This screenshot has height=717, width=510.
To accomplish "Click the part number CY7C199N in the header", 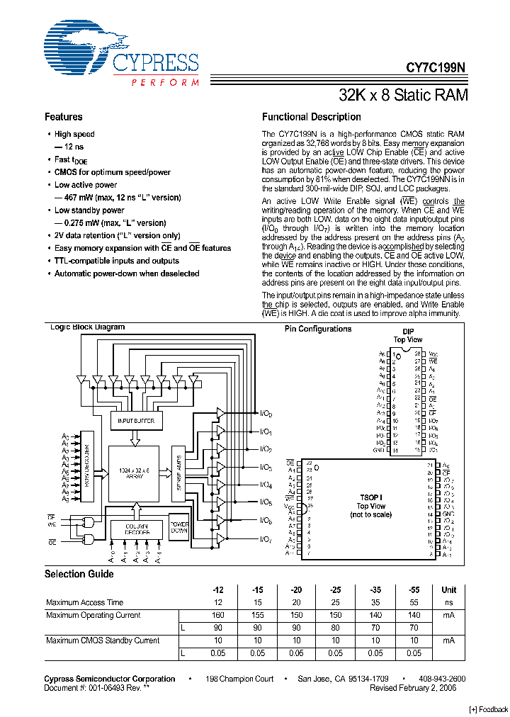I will (436, 69).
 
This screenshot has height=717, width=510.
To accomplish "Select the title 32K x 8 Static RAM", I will (403, 95).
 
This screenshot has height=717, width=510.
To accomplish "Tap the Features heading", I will (63, 117).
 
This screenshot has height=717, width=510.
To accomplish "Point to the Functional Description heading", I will (311, 117).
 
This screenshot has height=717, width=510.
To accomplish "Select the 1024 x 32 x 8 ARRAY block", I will (135, 473).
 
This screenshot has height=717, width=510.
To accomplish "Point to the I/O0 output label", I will (266, 413).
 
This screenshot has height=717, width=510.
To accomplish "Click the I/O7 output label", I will (266, 540).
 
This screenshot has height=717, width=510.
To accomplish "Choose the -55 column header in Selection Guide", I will (414, 589).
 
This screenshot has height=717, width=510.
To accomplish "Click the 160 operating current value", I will (217, 615).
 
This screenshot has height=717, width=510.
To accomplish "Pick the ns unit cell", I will (449, 602).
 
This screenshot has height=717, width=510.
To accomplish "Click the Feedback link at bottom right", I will (489, 709).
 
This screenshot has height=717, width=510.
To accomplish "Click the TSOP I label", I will (370, 498).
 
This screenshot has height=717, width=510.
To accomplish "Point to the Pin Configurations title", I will (318, 329).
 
